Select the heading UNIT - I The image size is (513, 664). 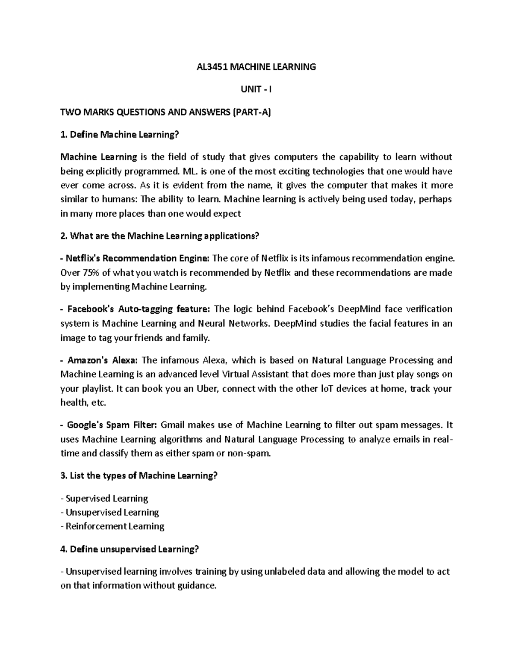point(256,89)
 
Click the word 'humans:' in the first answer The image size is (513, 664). point(121,199)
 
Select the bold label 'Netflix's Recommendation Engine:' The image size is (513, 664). point(135,258)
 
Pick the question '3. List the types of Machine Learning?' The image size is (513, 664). point(139,475)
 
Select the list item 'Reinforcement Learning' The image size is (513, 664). point(115,526)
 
